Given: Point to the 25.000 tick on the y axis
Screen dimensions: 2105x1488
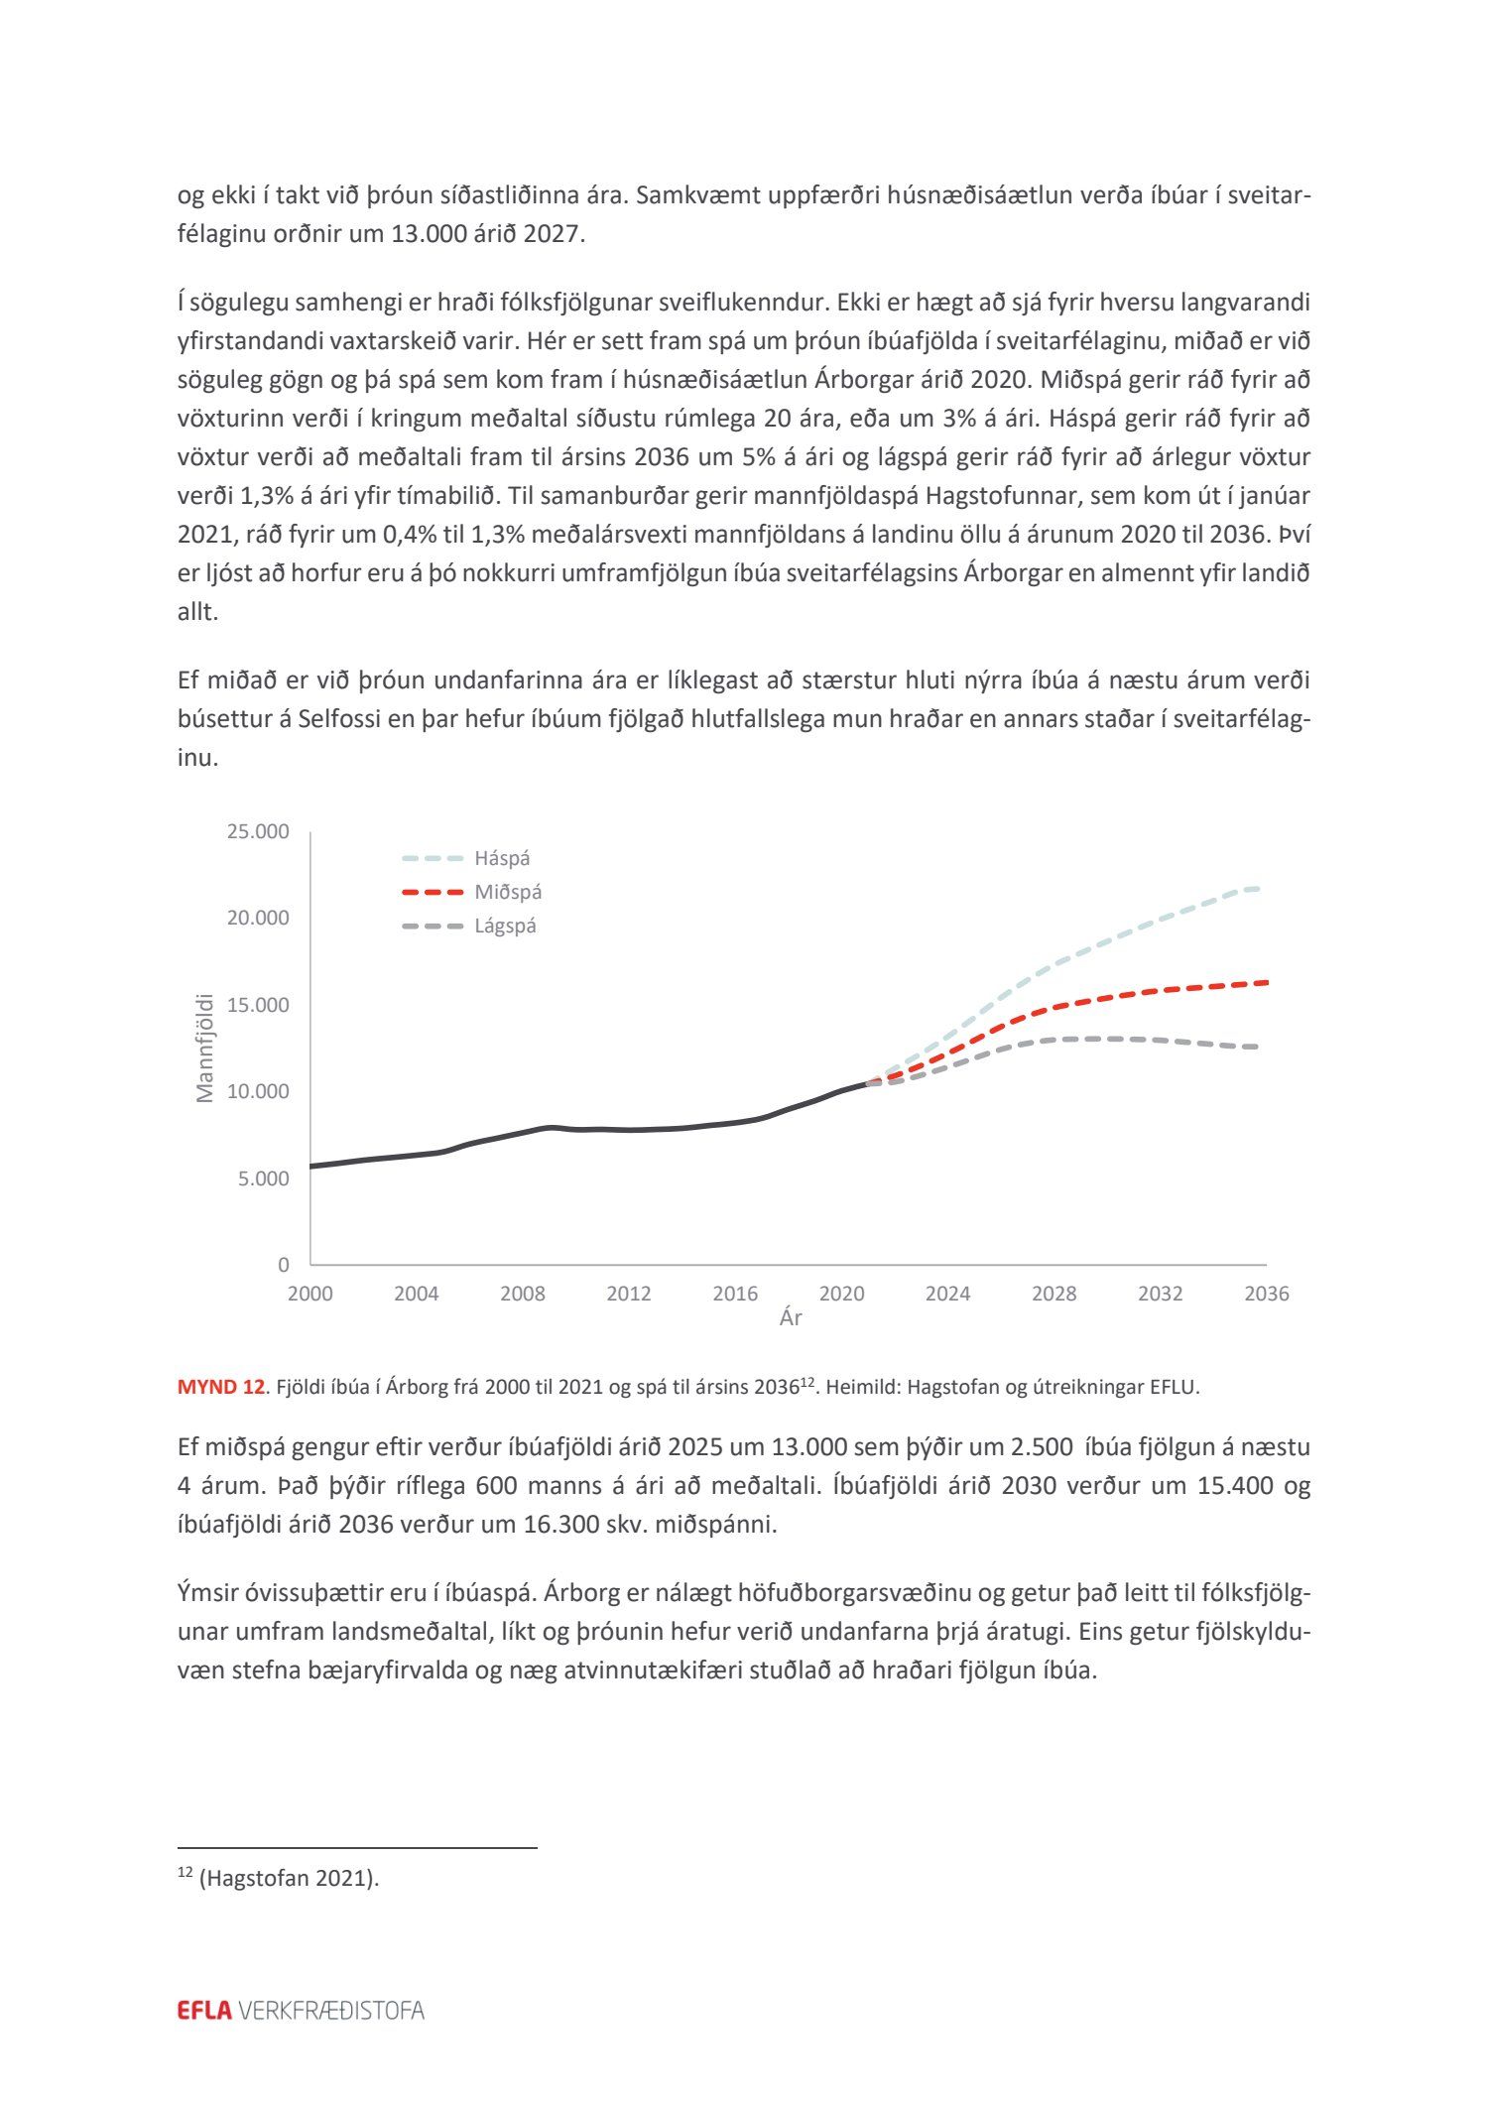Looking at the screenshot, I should tap(258, 831).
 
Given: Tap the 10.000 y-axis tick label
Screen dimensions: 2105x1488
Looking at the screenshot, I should tap(258, 1091).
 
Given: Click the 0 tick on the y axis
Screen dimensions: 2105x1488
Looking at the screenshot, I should tap(284, 1265).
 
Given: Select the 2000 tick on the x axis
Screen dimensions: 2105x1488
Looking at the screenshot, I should tap(310, 1294).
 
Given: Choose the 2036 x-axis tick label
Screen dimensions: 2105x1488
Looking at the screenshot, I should tap(1267, 1294).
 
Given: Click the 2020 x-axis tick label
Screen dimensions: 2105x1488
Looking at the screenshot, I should tap(841, 1294).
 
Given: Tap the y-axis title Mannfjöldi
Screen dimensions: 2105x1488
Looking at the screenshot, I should tap(205, 1048).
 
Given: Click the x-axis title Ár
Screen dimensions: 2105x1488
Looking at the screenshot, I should tap(791, 1318).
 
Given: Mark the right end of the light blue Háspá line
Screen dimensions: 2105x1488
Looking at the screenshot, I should tap(1257, 888).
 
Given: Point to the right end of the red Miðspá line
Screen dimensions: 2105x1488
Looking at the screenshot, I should tap(1267, 982).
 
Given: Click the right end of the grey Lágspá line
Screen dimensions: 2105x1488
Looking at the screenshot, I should tap(1257, 1047).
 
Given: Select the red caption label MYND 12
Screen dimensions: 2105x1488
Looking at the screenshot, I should tap(220, 1387).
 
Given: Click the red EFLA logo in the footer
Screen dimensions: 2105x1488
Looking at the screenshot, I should tap(204, 2011).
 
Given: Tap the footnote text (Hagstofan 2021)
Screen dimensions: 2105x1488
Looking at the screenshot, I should tap(289, 1878).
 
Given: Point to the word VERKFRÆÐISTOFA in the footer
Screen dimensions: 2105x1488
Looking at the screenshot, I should tap(331, 2011).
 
